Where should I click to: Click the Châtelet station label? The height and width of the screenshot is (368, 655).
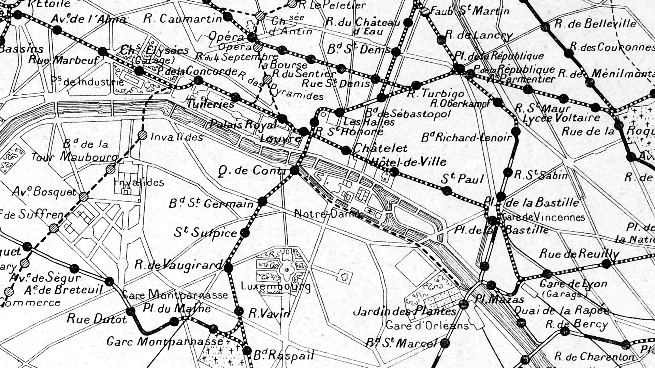(380, 148)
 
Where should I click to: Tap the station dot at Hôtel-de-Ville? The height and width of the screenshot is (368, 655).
(394, 172)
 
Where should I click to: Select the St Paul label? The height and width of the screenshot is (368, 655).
(462, 179)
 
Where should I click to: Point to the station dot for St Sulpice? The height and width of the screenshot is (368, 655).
(245, 233)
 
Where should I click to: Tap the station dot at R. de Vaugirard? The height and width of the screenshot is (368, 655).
(228, 267)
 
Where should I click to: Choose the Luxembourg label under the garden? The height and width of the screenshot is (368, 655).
(276, 286)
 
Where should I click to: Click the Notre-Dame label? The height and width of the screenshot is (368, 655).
(327, 214)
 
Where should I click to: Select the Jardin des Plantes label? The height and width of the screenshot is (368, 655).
(404, 311)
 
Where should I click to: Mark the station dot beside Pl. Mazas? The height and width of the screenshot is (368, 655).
(463, 304)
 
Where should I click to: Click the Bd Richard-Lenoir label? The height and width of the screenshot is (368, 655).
(466, 138)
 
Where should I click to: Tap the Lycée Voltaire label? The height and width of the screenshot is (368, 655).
(561, 118)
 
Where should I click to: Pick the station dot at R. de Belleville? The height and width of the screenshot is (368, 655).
(545, 27)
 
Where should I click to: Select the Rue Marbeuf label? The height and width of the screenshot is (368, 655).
(63, 60)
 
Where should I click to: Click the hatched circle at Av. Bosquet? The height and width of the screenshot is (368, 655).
(84, 197)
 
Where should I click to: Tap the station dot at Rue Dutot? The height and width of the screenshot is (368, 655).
(130, 311)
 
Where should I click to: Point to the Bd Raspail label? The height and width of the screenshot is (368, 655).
(283, 356)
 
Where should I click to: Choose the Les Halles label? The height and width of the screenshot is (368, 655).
(368, 122)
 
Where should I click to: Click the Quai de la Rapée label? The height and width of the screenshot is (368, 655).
(561, 310)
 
